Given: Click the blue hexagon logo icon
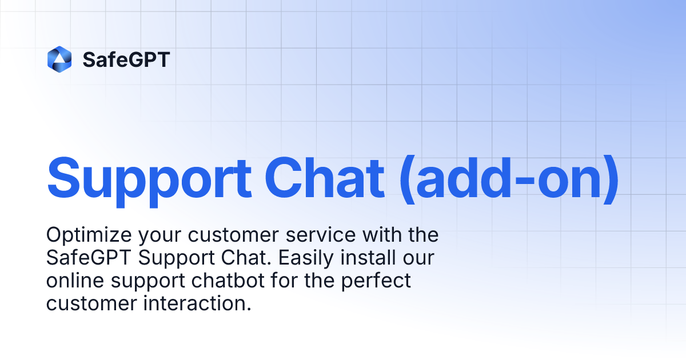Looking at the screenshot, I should (59, 59).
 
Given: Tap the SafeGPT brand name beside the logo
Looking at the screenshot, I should (126, 59).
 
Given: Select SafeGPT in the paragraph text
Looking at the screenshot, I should (89, 258).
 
